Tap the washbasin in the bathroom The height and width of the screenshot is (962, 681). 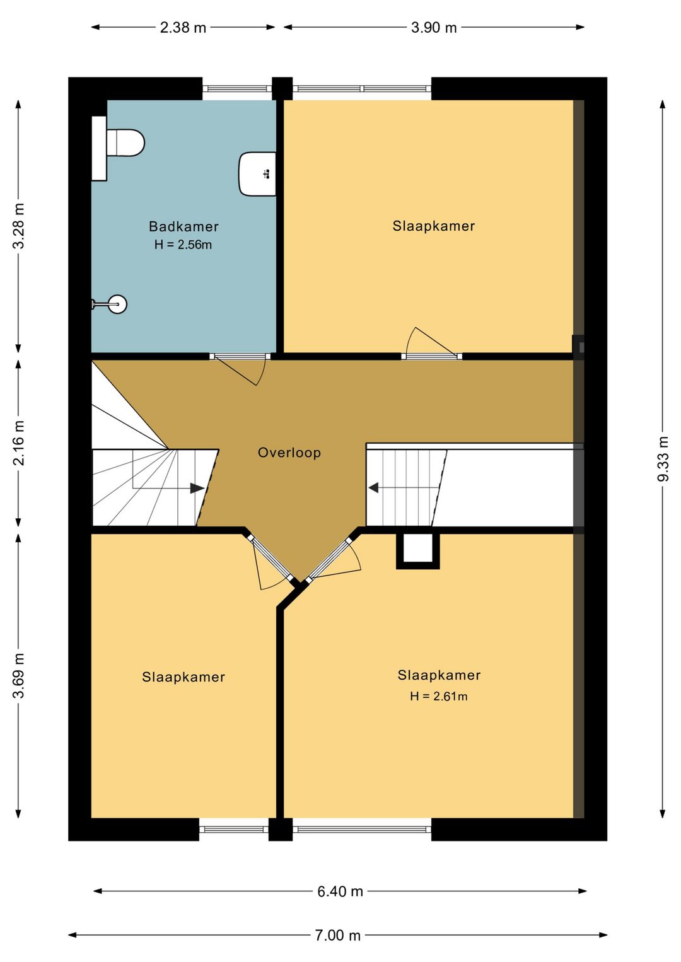(x=257, y=173)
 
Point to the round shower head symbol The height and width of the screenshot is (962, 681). (x=117, y=304)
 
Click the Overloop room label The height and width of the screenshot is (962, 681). (x=289, y=453)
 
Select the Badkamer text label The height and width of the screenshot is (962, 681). (x=183, y=226)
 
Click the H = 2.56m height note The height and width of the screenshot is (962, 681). (x=183, y=245)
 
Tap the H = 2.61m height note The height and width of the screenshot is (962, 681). (x=439, y=696)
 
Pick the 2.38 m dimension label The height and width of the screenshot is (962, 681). (x=183, y=28)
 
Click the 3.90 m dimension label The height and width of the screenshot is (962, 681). (x=434, y=28)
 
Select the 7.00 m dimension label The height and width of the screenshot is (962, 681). (x=338, y=935)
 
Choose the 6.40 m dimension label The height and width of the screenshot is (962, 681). (x=340, y=891)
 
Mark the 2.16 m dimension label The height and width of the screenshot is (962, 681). (x=19, y=443)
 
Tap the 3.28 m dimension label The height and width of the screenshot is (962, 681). (x=19, y=226)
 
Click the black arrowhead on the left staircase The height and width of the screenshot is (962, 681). (x=197, y=489)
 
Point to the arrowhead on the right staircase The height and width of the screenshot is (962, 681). (x=373, y=488)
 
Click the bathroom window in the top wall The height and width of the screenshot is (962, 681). (x=237, y=88)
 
